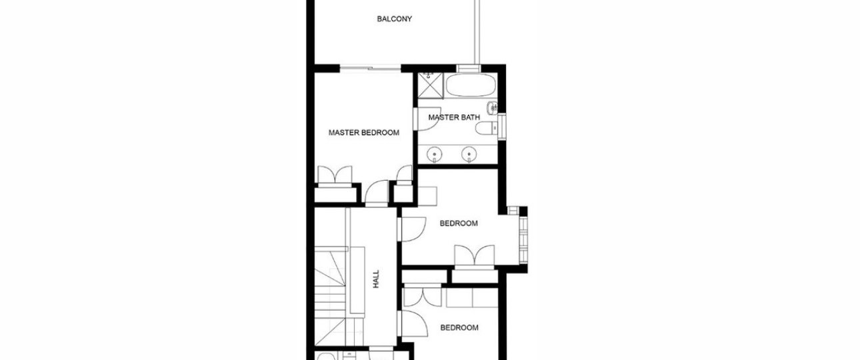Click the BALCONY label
tap(394, 19)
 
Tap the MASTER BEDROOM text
tap(363, 133)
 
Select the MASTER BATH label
tap(454, 117)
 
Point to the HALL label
tap(376, 279)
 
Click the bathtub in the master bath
tap(470, 85)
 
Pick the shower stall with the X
tap(431, 85)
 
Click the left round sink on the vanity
tap(434, 154)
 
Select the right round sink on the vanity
tap(469, 154)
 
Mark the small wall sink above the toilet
tap(492, 108)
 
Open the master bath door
tap(427, 119)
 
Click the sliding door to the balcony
tap(371, 69)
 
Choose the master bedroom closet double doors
tap(335, 176)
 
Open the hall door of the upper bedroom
tap(412, 229)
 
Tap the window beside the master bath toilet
tap(502, 125)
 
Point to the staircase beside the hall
tap(330, 295)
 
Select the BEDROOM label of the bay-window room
tap(459, 223)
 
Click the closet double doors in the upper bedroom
tap(475, 255)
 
